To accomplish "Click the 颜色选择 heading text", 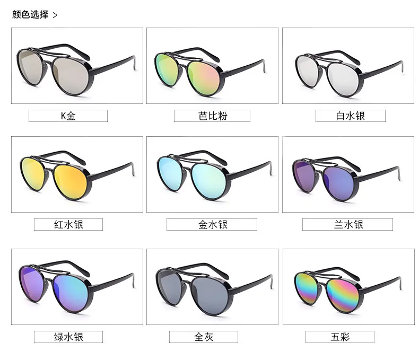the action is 30,14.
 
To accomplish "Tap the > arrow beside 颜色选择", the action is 55,15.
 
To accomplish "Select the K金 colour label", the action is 68,116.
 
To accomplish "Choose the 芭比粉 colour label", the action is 212,116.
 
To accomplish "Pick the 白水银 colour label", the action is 351,116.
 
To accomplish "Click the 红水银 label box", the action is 68,224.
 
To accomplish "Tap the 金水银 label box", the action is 212,224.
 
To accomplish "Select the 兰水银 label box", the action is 347,224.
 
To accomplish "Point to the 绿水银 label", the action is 68,337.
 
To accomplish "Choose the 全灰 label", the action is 204,337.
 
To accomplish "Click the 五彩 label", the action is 340,337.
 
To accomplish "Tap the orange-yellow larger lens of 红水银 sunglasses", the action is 71,182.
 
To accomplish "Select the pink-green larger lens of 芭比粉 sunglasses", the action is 204,78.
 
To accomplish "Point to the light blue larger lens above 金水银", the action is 208,181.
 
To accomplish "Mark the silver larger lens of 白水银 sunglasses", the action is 343,80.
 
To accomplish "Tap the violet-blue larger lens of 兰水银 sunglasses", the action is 339,184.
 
